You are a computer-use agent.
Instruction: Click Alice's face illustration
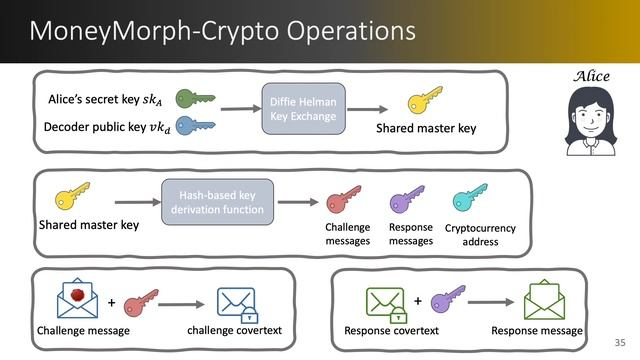(589, 121)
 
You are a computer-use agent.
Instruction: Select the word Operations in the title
(334, 31)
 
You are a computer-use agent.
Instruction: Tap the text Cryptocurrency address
(480, 234)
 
